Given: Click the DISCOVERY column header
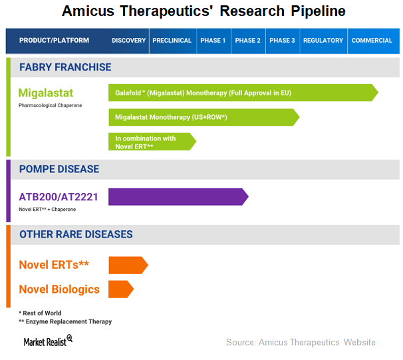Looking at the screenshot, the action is point(128,41).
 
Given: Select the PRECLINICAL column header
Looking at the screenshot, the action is point(172,41).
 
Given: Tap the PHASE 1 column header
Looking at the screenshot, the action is point(213,41).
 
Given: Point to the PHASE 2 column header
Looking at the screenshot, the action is point(248,41).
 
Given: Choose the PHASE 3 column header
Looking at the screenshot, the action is point(282,41).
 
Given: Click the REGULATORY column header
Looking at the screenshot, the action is point(323,41).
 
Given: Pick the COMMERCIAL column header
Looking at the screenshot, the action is point(372,41).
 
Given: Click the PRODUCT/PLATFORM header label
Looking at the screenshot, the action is point(55,41).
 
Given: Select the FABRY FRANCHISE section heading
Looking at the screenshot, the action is point(65,67).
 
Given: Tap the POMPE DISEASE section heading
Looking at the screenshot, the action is point(59,169).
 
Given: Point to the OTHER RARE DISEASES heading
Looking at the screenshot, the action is point(76,234).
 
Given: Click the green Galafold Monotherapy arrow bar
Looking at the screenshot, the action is point(243,92).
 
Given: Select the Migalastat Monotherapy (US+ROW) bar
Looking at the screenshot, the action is point(204,117).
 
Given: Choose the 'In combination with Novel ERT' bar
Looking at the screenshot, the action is point(152,142).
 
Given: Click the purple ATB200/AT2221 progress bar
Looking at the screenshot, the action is point(178,197).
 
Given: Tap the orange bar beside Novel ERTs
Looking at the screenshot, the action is point(128,265).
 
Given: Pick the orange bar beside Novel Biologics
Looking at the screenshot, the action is point(121,289).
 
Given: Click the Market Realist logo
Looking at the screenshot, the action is point(48,341).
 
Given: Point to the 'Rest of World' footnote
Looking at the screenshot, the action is point(40,313).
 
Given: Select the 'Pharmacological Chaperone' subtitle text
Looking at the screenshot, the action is point(50,105).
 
